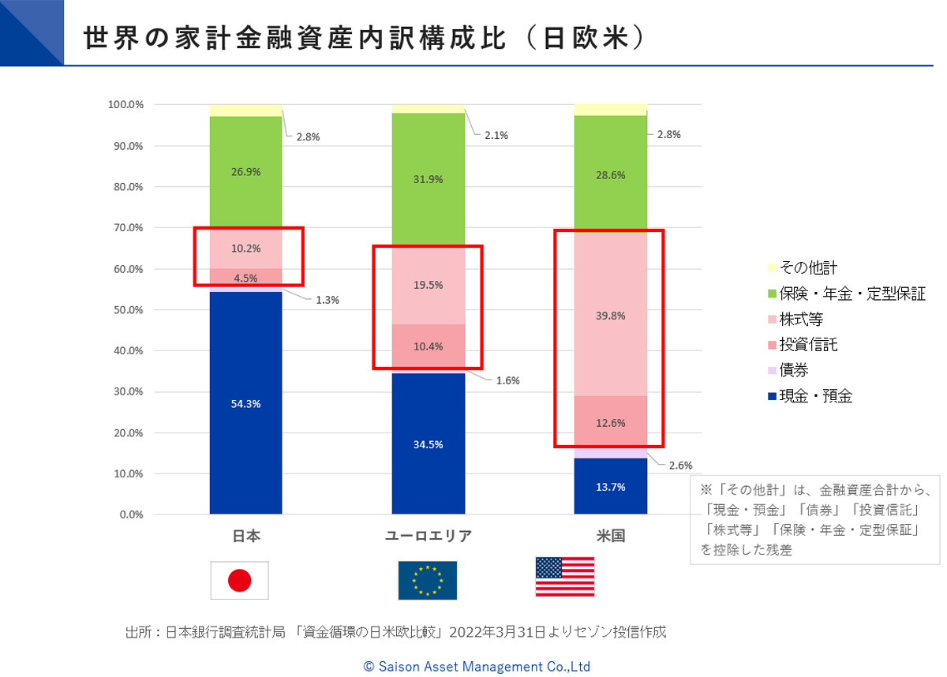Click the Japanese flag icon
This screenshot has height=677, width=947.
[239, 581]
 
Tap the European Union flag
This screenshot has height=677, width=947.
[427, 581]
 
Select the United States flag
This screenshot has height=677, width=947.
[564, 577]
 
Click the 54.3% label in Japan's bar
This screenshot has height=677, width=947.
[245, 403]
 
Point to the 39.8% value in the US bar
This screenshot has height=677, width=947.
[610, 316]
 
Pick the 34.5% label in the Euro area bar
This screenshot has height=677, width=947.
[428, 444]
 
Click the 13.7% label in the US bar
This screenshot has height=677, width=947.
[610, 487]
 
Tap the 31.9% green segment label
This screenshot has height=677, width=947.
[428, 179]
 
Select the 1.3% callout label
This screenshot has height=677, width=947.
[329, 300]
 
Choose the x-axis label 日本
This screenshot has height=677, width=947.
[245, 537]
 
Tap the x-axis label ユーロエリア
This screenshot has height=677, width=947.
[428, 537]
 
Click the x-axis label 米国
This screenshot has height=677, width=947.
[610, 537]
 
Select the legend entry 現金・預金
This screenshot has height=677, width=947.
[815, 396]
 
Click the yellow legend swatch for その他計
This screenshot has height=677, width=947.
[772, 268]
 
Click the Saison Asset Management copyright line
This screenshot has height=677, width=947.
[477, 666]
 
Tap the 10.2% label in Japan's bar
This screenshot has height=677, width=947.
[245, 249]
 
